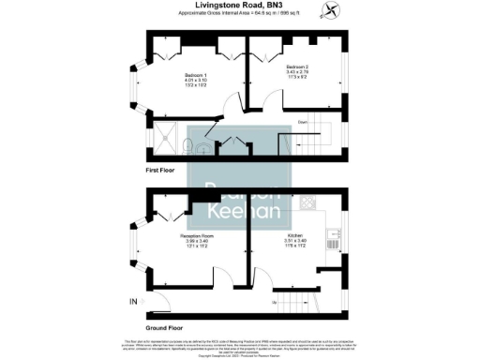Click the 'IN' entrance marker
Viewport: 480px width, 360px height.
(x=132, y=301)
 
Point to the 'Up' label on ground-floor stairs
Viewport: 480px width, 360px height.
(x=274, y=303)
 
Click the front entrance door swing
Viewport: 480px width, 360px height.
(x=157, y=300)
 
